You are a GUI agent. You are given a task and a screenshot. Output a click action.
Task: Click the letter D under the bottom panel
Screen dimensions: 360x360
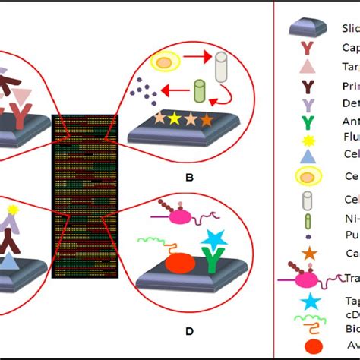click(190, 332)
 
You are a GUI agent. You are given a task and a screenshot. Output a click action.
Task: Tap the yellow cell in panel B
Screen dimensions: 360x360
click(163, 61)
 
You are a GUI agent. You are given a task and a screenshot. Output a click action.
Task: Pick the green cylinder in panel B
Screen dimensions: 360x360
click(200, 93)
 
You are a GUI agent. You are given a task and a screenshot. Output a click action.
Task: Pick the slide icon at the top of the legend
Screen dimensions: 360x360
click(308, 29)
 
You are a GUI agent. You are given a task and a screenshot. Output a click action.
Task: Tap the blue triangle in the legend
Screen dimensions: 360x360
click(306, 154)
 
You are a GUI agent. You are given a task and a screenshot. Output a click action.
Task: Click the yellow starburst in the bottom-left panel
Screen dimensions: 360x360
click(14, 209)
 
